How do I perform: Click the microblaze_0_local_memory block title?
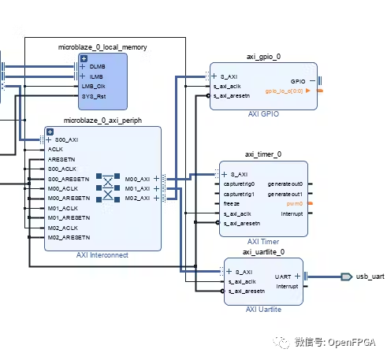click(x=102, y=47)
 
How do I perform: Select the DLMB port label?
click(x=97, y=66)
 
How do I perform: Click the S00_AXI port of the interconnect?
click(x=62, y=139)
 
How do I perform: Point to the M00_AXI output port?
click(x=139, y=179)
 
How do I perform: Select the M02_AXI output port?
click(x=139, y=199)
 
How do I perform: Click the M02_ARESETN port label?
click(x=69, y=237)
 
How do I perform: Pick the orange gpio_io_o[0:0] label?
click(x=283, y=91)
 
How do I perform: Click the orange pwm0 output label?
click(x=293, y=203)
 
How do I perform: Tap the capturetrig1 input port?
click(x=239, y=194)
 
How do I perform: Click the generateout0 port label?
click(x=285, y=184)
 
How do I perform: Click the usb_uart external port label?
click(x=370, y=276)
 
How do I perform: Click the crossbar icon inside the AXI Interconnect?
click(x=107, y=187)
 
